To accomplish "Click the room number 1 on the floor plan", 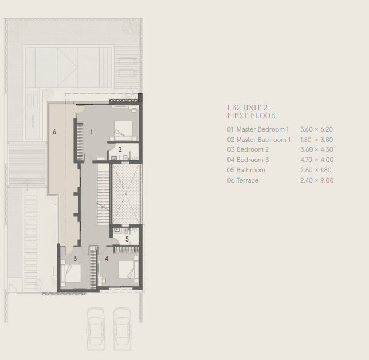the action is [92, 132].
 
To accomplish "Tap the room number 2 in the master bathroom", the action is [120, 149].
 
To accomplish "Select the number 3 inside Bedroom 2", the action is [75, 259].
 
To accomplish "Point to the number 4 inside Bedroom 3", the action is [107, 259].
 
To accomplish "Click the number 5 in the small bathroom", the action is [127, 239].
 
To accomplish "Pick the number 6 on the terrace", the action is [54, 132].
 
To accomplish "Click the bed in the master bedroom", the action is [123, 130].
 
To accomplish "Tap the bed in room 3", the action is [71, 273].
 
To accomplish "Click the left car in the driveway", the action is [96, 329].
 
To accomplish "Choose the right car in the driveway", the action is [122, 329].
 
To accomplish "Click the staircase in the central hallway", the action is [103, 194].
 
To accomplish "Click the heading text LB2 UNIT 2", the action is [248, 108].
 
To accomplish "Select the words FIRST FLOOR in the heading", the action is [252, 116].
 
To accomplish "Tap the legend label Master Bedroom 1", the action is [262, 129].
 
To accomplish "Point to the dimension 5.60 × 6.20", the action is [316, 129].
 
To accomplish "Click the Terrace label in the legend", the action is [248, 180].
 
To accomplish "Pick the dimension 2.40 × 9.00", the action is [317, 180].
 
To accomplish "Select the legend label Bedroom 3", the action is [253, 160].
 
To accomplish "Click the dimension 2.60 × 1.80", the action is [316, 170].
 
